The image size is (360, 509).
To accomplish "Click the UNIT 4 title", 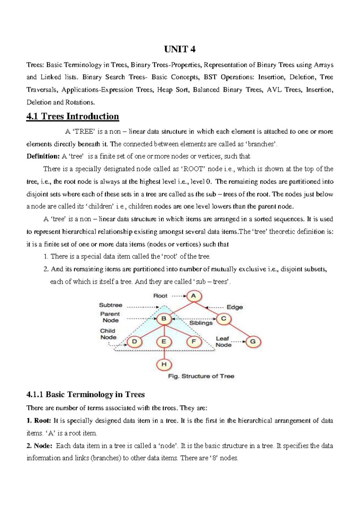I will (x=180, y=49).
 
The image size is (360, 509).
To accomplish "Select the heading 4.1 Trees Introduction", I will (x=73, y=116).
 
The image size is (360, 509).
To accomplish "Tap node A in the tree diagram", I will (x=194, y=296).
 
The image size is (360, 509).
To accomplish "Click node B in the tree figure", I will (x=164, y=319).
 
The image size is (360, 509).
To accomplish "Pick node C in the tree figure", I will (x=223, y=319).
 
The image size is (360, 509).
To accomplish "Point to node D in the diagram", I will (x=134, y=342).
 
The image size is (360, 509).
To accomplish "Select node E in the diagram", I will (x=164, y=342).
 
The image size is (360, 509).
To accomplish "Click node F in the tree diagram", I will (x=193, y=342).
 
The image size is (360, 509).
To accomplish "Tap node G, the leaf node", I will (x=253, y=342).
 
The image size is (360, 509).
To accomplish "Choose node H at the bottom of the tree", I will (x=164, y=364).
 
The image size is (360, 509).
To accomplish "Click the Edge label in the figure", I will (x=235, y=307).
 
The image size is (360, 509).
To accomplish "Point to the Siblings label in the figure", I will (x=201, y=323).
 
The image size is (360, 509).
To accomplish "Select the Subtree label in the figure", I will (x=111, y=305).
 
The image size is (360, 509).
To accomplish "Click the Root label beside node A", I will (x=160, y=296).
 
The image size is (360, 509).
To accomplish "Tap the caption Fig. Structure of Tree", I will (x=201, y=376).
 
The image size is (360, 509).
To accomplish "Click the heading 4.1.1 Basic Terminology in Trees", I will (x=85, y=394).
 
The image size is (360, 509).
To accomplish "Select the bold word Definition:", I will (x=43, y=156).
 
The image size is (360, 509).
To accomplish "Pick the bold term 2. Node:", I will (x=39, y=446).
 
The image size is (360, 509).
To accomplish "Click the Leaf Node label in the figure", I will (x=223, y=342).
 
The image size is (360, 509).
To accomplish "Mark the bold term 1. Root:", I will (x=39, y=421).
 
